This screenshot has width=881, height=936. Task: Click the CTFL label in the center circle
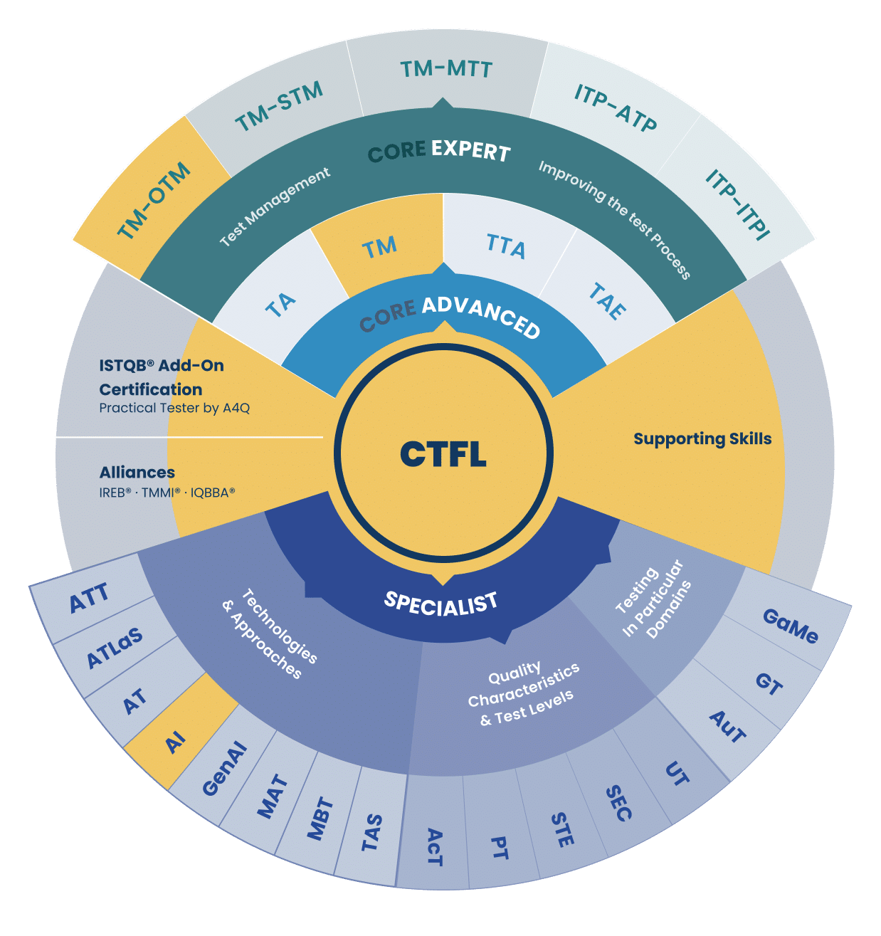click(x=443, y=453)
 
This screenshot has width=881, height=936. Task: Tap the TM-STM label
click(x=280, y=106)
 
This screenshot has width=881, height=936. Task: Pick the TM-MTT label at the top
click(x=446, y=69)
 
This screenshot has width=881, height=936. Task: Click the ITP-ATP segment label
click(x=615, y=107)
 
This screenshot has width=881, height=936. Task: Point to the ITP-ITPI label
click(x=738, y=204)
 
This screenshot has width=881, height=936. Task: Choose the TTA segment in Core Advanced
click(x=506, y=246)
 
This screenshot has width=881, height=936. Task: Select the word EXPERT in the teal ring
click(x=471, y=151)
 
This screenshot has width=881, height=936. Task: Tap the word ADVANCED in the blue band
click(x=481, y=317)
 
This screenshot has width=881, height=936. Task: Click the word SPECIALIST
click(x=440, y=604)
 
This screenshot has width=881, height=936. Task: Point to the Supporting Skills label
click(x=702, y=438)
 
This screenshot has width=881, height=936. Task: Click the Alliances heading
click(x=137, y=472)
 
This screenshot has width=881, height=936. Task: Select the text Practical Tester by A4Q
click(x=174, y=408)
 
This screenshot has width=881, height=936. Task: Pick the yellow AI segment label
click(x=175, y=742)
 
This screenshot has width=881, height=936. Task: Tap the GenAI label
click(x=224, y=769)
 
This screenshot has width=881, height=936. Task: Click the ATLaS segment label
click(x=115, y=648)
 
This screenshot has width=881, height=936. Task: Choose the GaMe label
click(x=791, y=626)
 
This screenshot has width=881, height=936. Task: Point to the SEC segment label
click(x=618, y=803)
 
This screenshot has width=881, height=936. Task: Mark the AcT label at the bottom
click(x=435, y=848)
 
